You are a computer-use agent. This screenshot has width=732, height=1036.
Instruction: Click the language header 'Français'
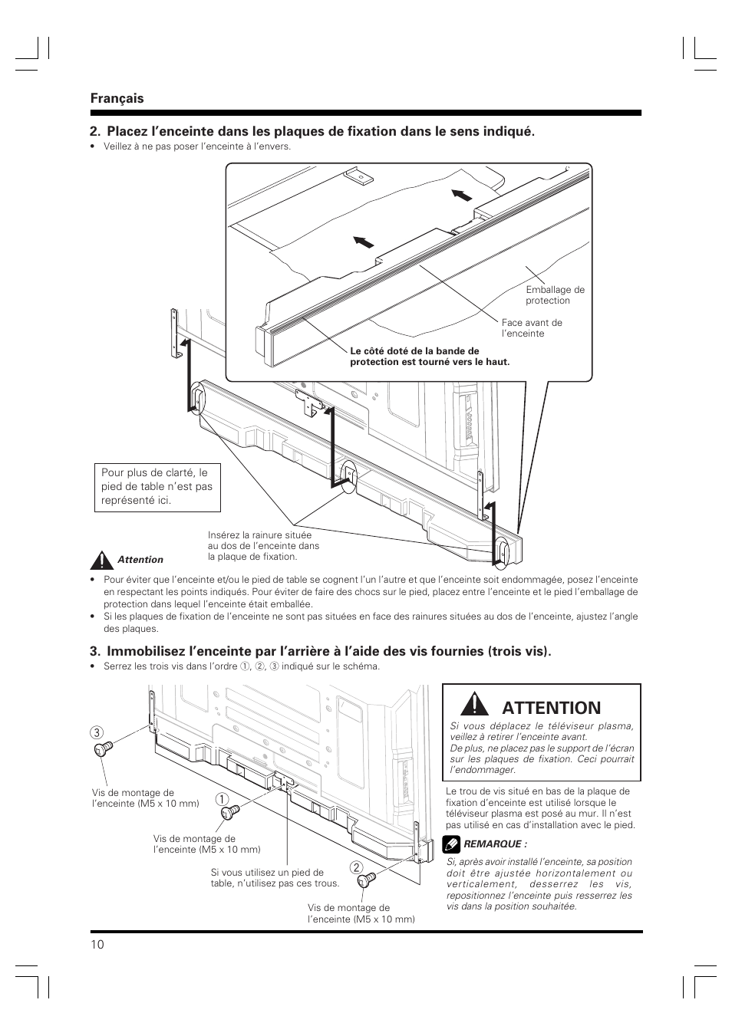click(117, 98)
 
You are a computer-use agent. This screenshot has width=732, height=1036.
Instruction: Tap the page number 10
click(97, 944)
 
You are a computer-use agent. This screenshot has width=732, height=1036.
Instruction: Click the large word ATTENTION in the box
click(552, 707)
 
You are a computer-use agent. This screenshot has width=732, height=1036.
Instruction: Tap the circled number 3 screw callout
click(97, 733)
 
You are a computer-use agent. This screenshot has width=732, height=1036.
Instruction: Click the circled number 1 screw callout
click(221, 799)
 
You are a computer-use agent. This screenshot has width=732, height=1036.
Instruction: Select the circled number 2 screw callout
click(356, 868)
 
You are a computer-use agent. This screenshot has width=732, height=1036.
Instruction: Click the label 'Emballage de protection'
click(555, 295)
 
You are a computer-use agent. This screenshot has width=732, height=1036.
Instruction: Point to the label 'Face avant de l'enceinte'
click(532, 328)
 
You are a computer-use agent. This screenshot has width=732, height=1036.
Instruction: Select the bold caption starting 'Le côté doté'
click(429, 357)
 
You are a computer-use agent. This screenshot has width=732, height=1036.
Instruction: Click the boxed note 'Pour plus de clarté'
click(157, 486)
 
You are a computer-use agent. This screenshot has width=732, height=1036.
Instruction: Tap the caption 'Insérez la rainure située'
click(263, 545)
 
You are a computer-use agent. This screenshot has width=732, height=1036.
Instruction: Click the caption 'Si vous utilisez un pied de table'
click(275, 877)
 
